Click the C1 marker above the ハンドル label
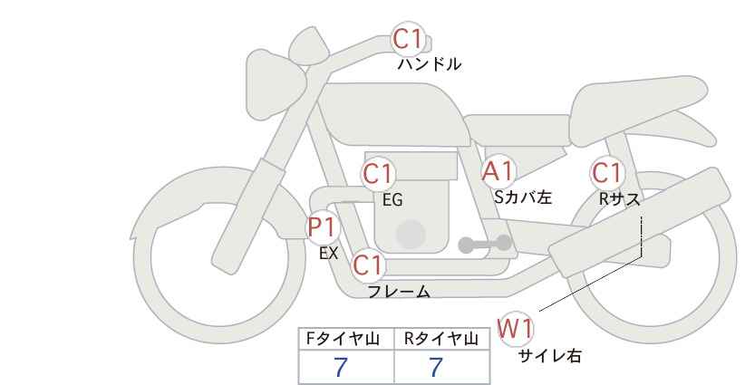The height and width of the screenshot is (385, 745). point(408,39)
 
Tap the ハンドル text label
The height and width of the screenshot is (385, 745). point(430,64)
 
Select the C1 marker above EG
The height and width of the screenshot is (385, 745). point(379,173)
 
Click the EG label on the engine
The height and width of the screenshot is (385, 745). point(392,200)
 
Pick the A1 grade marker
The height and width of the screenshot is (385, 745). point(498,171)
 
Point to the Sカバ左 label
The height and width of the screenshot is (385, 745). point(523,197)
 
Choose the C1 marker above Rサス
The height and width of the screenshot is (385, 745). point(607,173)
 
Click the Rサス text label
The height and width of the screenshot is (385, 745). point(619,199)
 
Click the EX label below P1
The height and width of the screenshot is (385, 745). point(329,254)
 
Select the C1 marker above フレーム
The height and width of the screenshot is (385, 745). point(368,265)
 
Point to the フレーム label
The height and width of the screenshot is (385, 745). point(399,292)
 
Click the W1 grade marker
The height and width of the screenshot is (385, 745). point(515,329)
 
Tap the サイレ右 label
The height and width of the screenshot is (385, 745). point(550,356)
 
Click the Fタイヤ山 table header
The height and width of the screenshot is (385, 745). point(343,339)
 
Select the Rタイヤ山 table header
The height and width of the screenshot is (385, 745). point(441,339)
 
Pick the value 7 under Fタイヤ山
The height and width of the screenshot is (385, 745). point(341,368)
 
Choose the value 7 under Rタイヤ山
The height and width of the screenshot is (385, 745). point(436,368)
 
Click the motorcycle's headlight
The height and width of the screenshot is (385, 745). point(275,83)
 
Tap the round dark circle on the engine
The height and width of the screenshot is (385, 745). point(411,235)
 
